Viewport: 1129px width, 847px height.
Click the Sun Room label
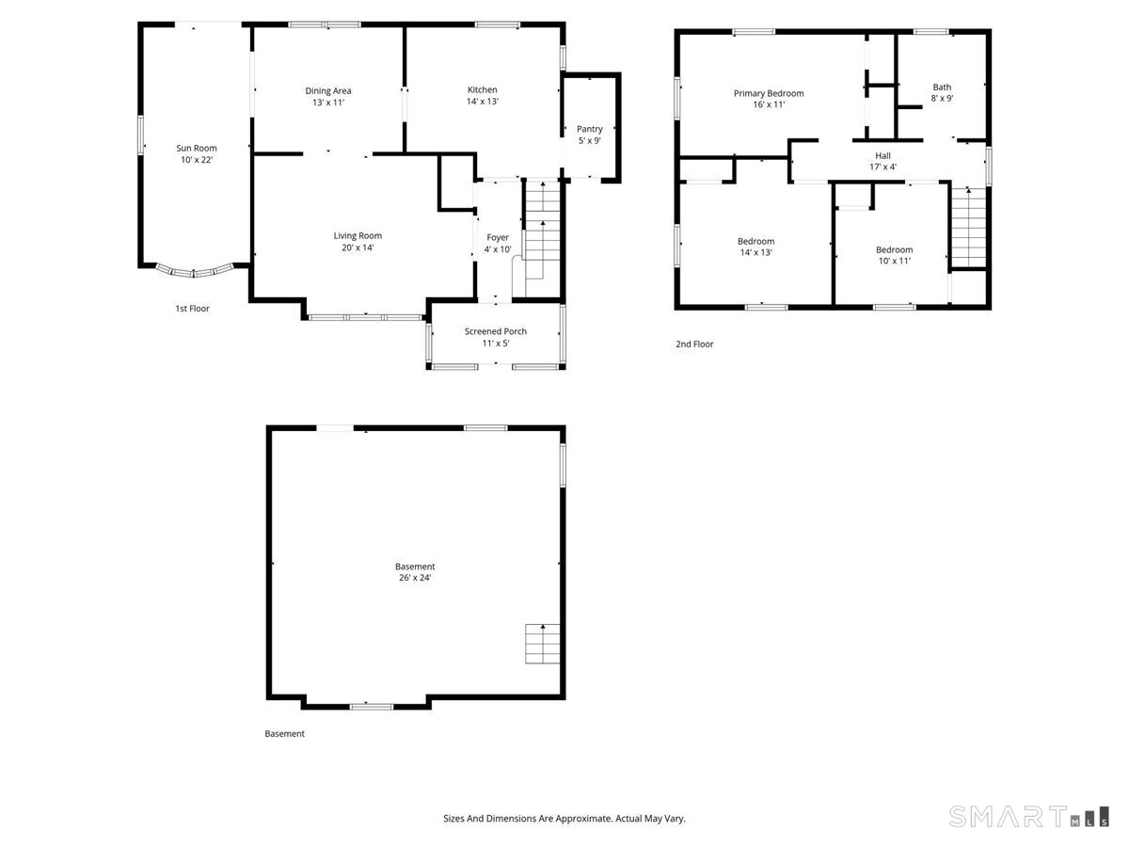point(197,148)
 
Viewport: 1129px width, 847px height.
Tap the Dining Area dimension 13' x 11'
point(328,103)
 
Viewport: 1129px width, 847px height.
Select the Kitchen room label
point(482,90)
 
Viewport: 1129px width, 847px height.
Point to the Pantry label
point(590,129)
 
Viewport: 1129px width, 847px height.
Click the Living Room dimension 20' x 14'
point(358,248)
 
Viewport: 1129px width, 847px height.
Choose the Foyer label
point(498,237)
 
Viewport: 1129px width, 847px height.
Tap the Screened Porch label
point(496,331)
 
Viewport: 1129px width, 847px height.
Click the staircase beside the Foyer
point(542,226)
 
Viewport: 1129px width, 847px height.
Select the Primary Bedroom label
point(769,93)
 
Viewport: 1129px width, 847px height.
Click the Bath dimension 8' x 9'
point(942,99)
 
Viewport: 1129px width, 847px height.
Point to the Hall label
point(883,156)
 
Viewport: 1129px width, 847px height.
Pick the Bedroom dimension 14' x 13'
point(755,253)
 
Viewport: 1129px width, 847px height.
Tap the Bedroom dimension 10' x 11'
point(894,262)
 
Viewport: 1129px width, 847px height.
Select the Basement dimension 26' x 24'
point(415,579)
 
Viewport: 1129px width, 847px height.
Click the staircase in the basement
point(543,645)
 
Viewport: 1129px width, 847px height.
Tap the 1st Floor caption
point(192,309)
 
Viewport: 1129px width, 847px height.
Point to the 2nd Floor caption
point(694,344)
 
